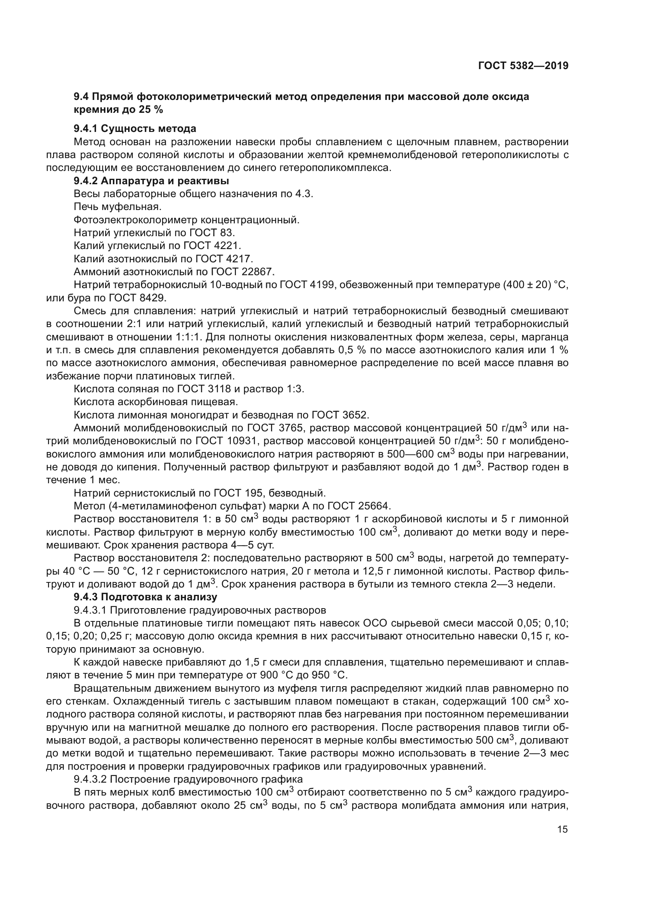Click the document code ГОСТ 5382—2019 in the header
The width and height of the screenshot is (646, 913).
pos(523,66)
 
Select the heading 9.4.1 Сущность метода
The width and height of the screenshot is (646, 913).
pos(135,128)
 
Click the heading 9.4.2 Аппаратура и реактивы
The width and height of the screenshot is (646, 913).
pos(151,181)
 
